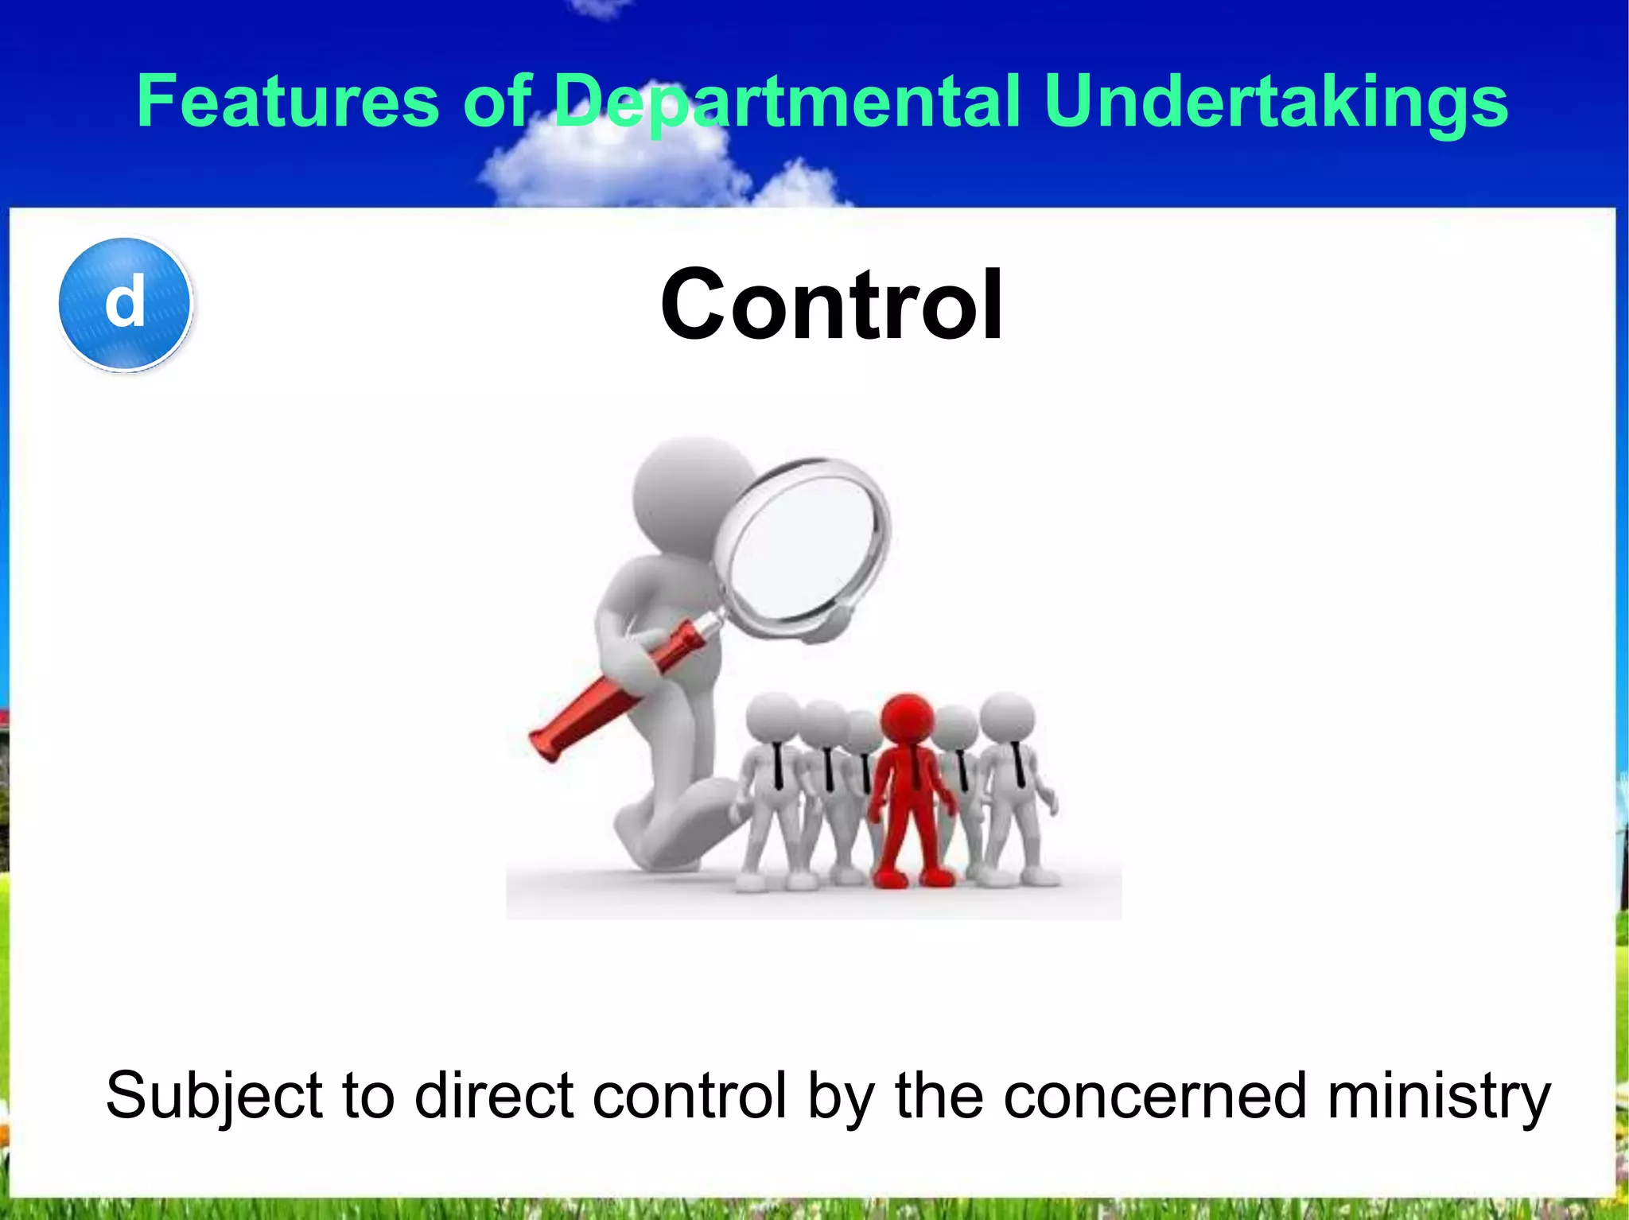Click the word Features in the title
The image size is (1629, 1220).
click(x=288, y=101)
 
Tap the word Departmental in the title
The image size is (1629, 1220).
click(x=787, y=101)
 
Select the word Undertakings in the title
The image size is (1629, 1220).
click(x=1276, y=101)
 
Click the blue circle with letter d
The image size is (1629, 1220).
click(x=126, y=304)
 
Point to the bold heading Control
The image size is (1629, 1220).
click(x=831, y=305)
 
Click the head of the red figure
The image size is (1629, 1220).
click(x=907, y=720)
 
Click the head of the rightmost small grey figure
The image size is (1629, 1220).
click(x=1007, y=717)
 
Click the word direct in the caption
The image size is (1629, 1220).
click(x=493, y=1096)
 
